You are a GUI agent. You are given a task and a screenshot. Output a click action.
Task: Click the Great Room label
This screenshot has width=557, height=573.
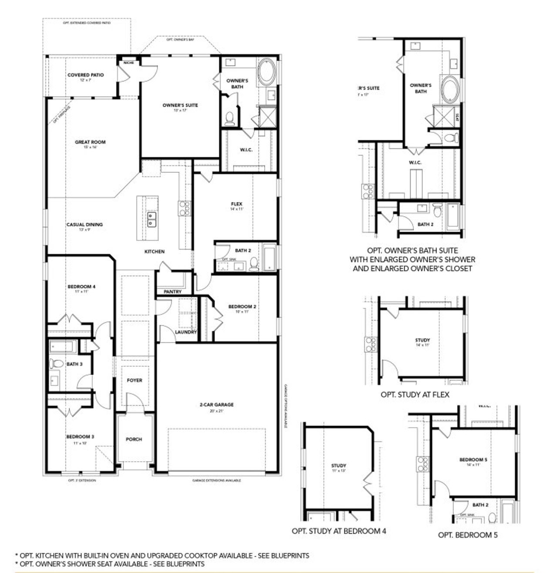click(90, 142)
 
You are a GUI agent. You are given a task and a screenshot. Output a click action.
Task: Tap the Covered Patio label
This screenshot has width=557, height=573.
click(85, 75)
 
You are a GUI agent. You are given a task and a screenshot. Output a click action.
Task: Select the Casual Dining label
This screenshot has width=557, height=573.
click(84, 225)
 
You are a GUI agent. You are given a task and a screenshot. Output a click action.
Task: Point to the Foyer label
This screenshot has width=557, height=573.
click(134, 380)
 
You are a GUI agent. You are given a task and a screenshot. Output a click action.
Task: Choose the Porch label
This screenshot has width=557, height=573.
click(134, 439)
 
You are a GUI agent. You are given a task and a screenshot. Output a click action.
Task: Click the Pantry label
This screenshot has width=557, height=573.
click(173, 291)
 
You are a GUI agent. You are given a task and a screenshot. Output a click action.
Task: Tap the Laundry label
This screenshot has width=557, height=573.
click(186, 332)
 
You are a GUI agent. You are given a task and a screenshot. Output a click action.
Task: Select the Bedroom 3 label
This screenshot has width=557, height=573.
click(80, 436)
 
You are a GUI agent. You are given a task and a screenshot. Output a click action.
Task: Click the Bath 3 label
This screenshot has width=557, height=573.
click(74, 364)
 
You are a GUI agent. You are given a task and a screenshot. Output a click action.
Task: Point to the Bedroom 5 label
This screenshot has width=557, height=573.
click(473, 459)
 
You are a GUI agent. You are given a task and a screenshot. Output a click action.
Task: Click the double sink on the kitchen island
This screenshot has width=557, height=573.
click(152, 219)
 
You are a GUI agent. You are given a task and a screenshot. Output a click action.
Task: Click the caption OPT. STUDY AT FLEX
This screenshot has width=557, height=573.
click(415, 394)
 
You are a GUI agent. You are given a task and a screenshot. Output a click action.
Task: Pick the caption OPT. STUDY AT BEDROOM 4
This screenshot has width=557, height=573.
click(339, 531)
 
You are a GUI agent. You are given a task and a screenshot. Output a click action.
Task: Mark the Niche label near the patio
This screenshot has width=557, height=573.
click(128, 63)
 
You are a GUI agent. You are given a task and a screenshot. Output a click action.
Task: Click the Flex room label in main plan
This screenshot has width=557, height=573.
click(237, 204)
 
